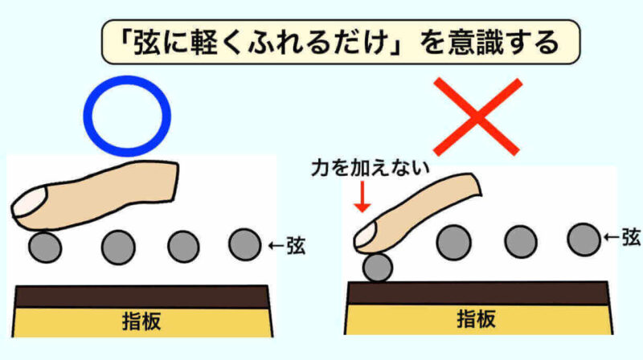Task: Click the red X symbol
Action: [x=477, y=117]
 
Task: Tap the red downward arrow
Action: [x=362, y=197]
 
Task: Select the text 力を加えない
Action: [x=371, y=168]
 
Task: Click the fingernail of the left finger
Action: [x=29, y=202]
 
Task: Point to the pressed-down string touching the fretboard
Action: [x=378, y=268]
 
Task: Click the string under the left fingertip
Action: [x=45, y=247]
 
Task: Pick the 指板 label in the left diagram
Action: [x=141, y=321]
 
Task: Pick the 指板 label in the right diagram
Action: [x=476, y=319]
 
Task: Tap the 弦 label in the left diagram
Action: [x=296, y=246]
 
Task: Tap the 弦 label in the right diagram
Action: [x=632, y=237]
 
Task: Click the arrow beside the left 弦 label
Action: [x=276, y=246]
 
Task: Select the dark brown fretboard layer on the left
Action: [x=142, y=297]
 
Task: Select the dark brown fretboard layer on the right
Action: [x=477, y=293]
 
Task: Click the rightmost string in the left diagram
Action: [x=245, y=245]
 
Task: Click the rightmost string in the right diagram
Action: [x=584, y=239]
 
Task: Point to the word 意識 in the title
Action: [x=473, y=43]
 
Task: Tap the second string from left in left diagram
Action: [x=118, y=247]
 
